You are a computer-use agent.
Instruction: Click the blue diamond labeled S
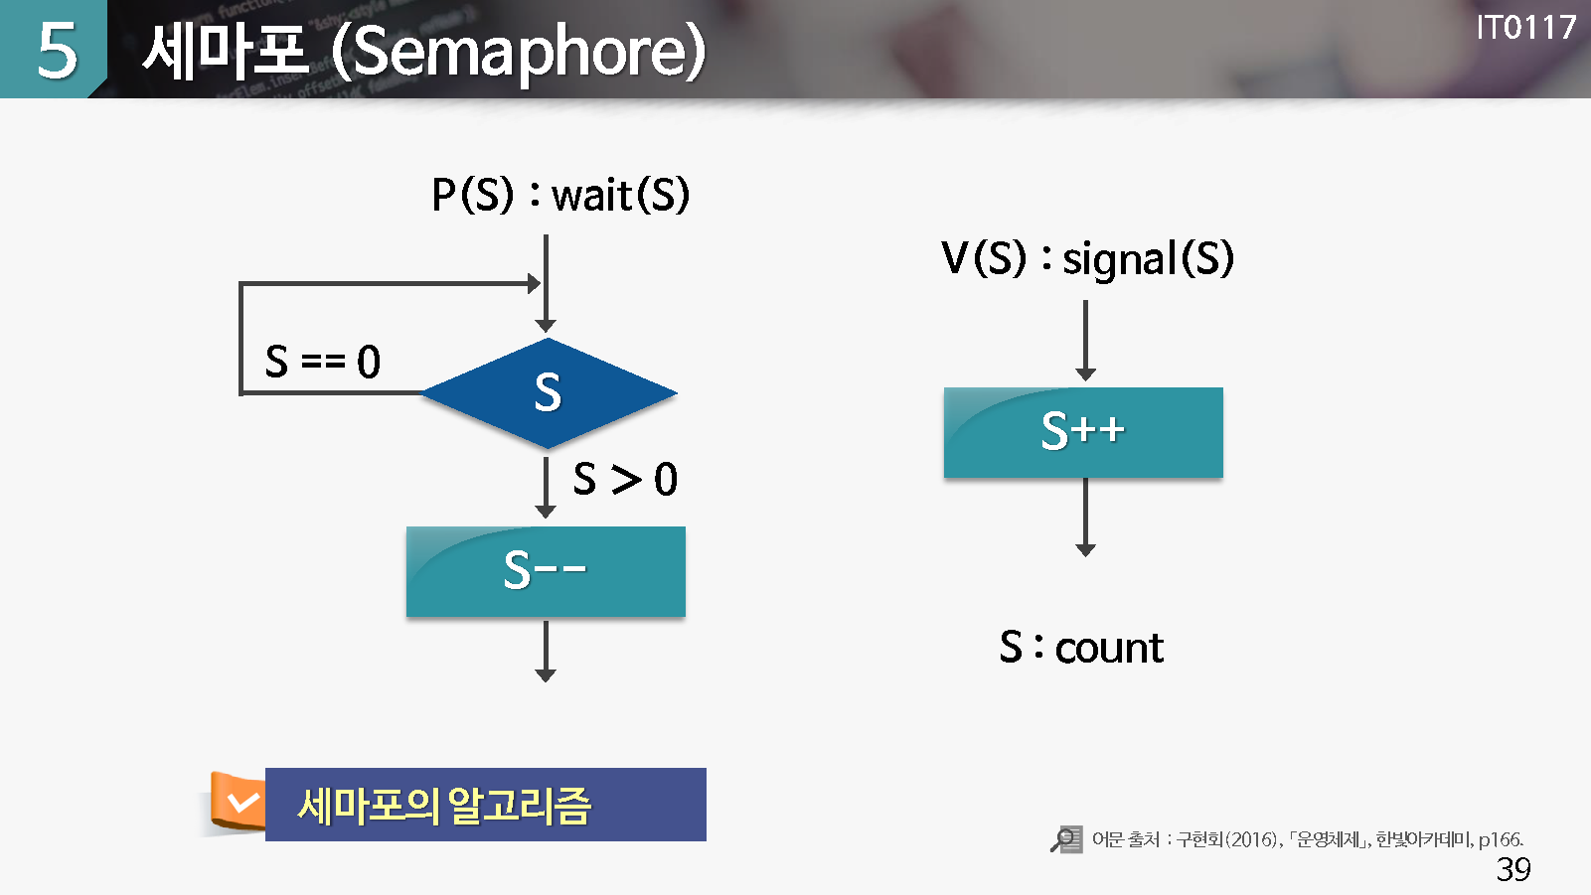click(x=549, y=392)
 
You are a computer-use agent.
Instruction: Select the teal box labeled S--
click(x=546, y=571)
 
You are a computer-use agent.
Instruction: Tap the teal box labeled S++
click(x=1083, y=432)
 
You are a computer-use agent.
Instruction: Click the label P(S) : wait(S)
click(x=560, y=195)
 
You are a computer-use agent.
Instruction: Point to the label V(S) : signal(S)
click(x=1087, y=258)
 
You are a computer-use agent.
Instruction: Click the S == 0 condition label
click(x=322, y=362)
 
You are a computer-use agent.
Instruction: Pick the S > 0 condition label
click(x=625, y=479)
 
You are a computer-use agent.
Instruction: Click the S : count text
click(x=1081, y=648)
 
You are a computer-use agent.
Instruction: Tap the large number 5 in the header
click(x=57, y=50)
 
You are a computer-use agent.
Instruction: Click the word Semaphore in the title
click(x=519, y=51)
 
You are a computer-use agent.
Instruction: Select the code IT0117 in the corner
click(x=1525, y=28)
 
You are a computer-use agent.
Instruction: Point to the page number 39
click(x=1512, y=869)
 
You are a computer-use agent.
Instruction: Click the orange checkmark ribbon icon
click(x=238, y=802)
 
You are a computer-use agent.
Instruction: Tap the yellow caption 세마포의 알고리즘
click(x=444, y=806)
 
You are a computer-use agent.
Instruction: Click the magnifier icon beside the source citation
click(x=1066, y=839)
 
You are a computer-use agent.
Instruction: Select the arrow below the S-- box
click(x=546, y=651)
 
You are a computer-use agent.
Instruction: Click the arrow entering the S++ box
click(x=1085, y=340)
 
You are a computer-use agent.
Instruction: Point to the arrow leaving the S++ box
click(x=1085, y=518)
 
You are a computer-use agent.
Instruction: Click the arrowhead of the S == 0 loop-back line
click(x=535, y=284)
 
